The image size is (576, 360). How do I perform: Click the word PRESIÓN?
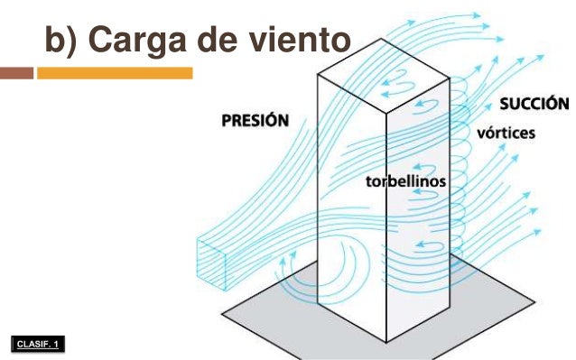click(x=255, y=119)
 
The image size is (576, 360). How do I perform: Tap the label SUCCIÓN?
click(x=534, y=102)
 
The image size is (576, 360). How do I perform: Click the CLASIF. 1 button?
click(x=40, y=344)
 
